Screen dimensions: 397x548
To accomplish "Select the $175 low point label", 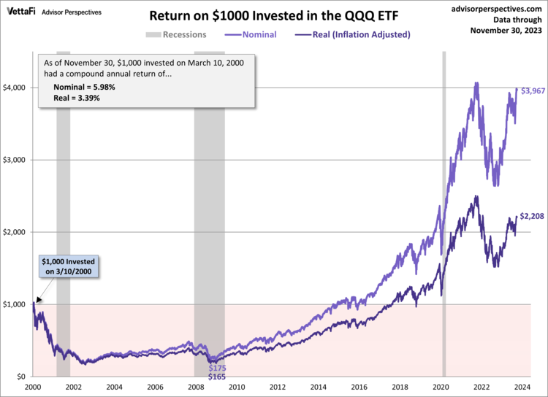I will pos(217,369).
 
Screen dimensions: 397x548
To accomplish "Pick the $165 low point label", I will pos(217,377).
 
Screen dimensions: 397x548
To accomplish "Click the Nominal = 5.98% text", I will pos(84,86).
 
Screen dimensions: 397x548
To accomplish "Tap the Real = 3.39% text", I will pos(77,97).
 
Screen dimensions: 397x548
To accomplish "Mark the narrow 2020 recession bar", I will pos(444,219).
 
